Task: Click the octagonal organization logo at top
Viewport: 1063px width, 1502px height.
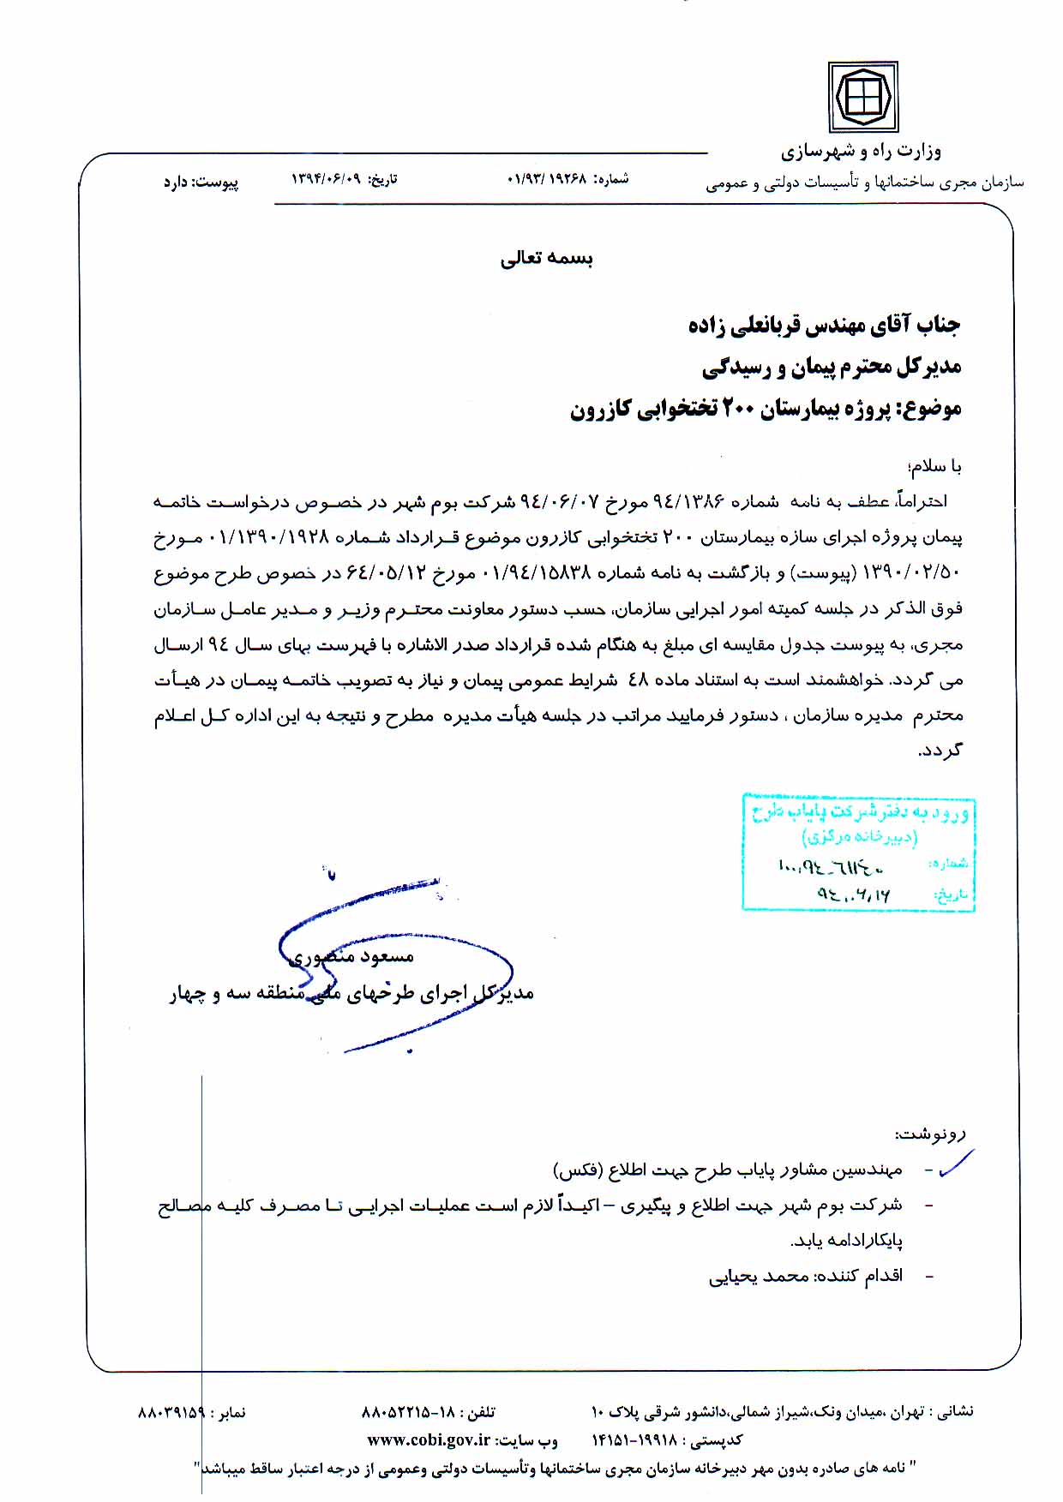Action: point(862,97)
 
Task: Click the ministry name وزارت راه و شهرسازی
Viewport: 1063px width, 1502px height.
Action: point(861,152)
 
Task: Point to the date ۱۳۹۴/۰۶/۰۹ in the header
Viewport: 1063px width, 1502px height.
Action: point(323,180)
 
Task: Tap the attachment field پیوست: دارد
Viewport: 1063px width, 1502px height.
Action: point(201,183)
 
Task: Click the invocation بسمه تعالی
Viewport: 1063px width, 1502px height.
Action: point(547,258)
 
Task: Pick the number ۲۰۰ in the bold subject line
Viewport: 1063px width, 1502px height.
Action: point(736,409)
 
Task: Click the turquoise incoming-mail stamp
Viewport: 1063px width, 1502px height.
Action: point(858,851)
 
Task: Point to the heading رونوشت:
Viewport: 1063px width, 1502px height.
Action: point(930,1134)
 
